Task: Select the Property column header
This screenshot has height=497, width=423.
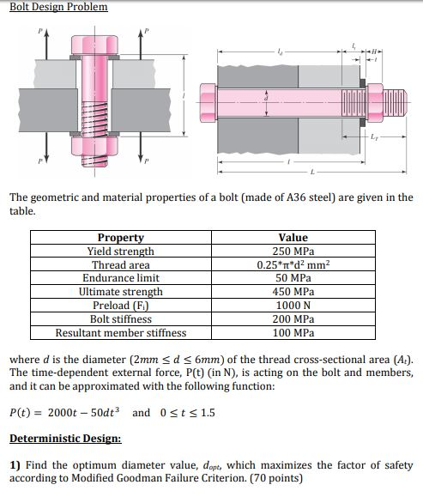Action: (x=121, y=238)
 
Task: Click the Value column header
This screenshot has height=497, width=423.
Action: (x=293, y=238)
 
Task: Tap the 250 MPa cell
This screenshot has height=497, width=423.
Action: (x=293, y=252)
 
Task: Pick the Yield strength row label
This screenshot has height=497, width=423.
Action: (x=121, y=252)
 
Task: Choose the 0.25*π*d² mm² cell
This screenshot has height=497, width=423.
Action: (x=293, y=265)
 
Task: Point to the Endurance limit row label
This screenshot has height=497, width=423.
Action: (x=121, y=278)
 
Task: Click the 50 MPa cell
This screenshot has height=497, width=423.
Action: (x=293, y=278)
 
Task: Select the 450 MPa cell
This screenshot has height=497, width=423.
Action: (x=293, y=292)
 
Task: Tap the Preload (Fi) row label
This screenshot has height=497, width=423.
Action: (x=121, y=306)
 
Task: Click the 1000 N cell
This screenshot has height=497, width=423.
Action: (x=293, y=306)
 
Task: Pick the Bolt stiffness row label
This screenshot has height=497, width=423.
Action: (x=121, y=319)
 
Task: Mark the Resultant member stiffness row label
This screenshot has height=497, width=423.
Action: (x=121, y=333)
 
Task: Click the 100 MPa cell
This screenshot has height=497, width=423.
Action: (x=293, y=333)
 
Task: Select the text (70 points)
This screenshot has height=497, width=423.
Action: (x=276, y=478)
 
